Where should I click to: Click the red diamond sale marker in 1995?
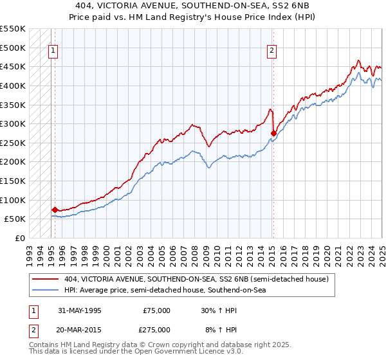55,210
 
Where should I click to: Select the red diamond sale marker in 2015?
273,134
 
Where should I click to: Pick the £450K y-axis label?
14,66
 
